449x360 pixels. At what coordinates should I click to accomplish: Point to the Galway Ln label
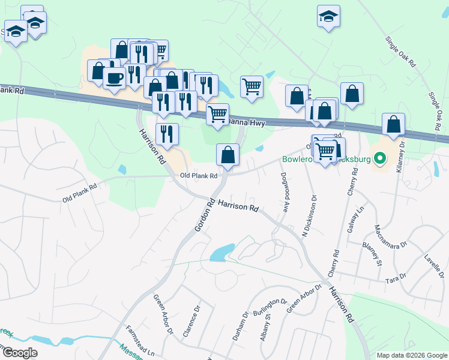coord(361,218)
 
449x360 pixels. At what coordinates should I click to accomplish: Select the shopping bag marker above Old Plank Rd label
coord(228,154)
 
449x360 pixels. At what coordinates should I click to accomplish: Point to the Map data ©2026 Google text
coord(412,355)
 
